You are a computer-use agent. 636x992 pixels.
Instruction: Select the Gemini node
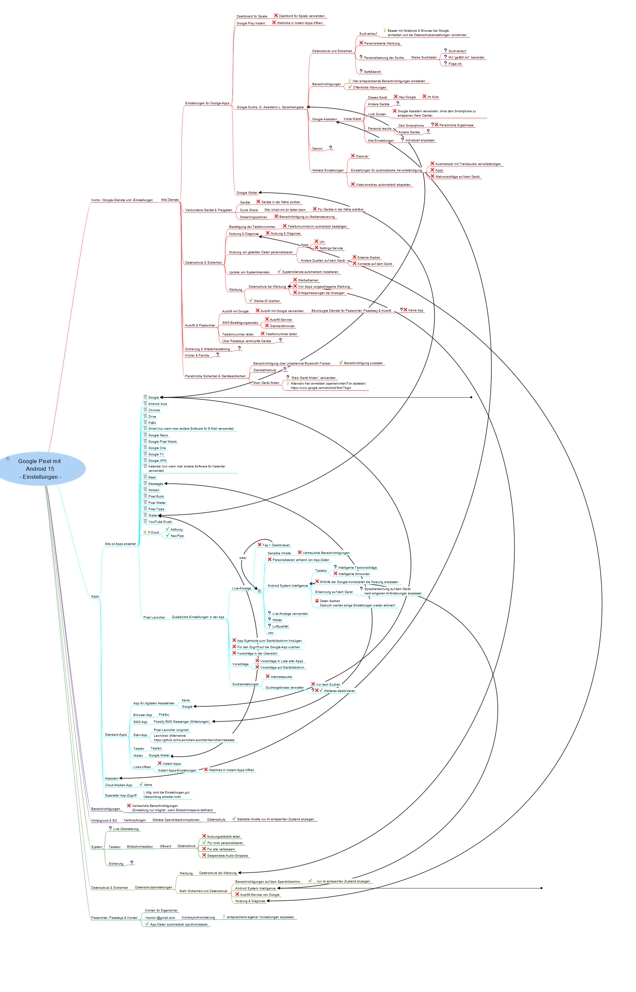pyautogui.click(x=317, y=149)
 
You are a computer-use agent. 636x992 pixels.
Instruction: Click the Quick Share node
pyautogui.click(x=249, y=210)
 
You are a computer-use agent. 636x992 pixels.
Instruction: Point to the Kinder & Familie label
pyautogui.click(x=197, y=356)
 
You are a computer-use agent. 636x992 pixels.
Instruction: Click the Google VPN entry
pyautogui.click(x=157, y=461)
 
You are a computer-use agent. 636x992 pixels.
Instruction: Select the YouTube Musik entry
pyautogui.click(x=160, y=522)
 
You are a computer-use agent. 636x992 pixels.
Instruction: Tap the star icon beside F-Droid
pyautogui.click(x=145, y=532)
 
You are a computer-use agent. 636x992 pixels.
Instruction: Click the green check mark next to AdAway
pyautogui.click(x=167, y=529)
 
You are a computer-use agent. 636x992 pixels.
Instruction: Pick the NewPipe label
pyautogui.click(x=177, y=536)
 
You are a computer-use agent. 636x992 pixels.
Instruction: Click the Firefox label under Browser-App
pyautogui.click(x=163, y=715)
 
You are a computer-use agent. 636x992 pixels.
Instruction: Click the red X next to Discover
pyautogui.click(x=353, y=156)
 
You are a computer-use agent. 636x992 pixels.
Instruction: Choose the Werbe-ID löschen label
pyautogui.click(x=266, y=301)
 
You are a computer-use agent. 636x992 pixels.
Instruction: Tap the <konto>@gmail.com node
pyautogui.click(x=160, y=918)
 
